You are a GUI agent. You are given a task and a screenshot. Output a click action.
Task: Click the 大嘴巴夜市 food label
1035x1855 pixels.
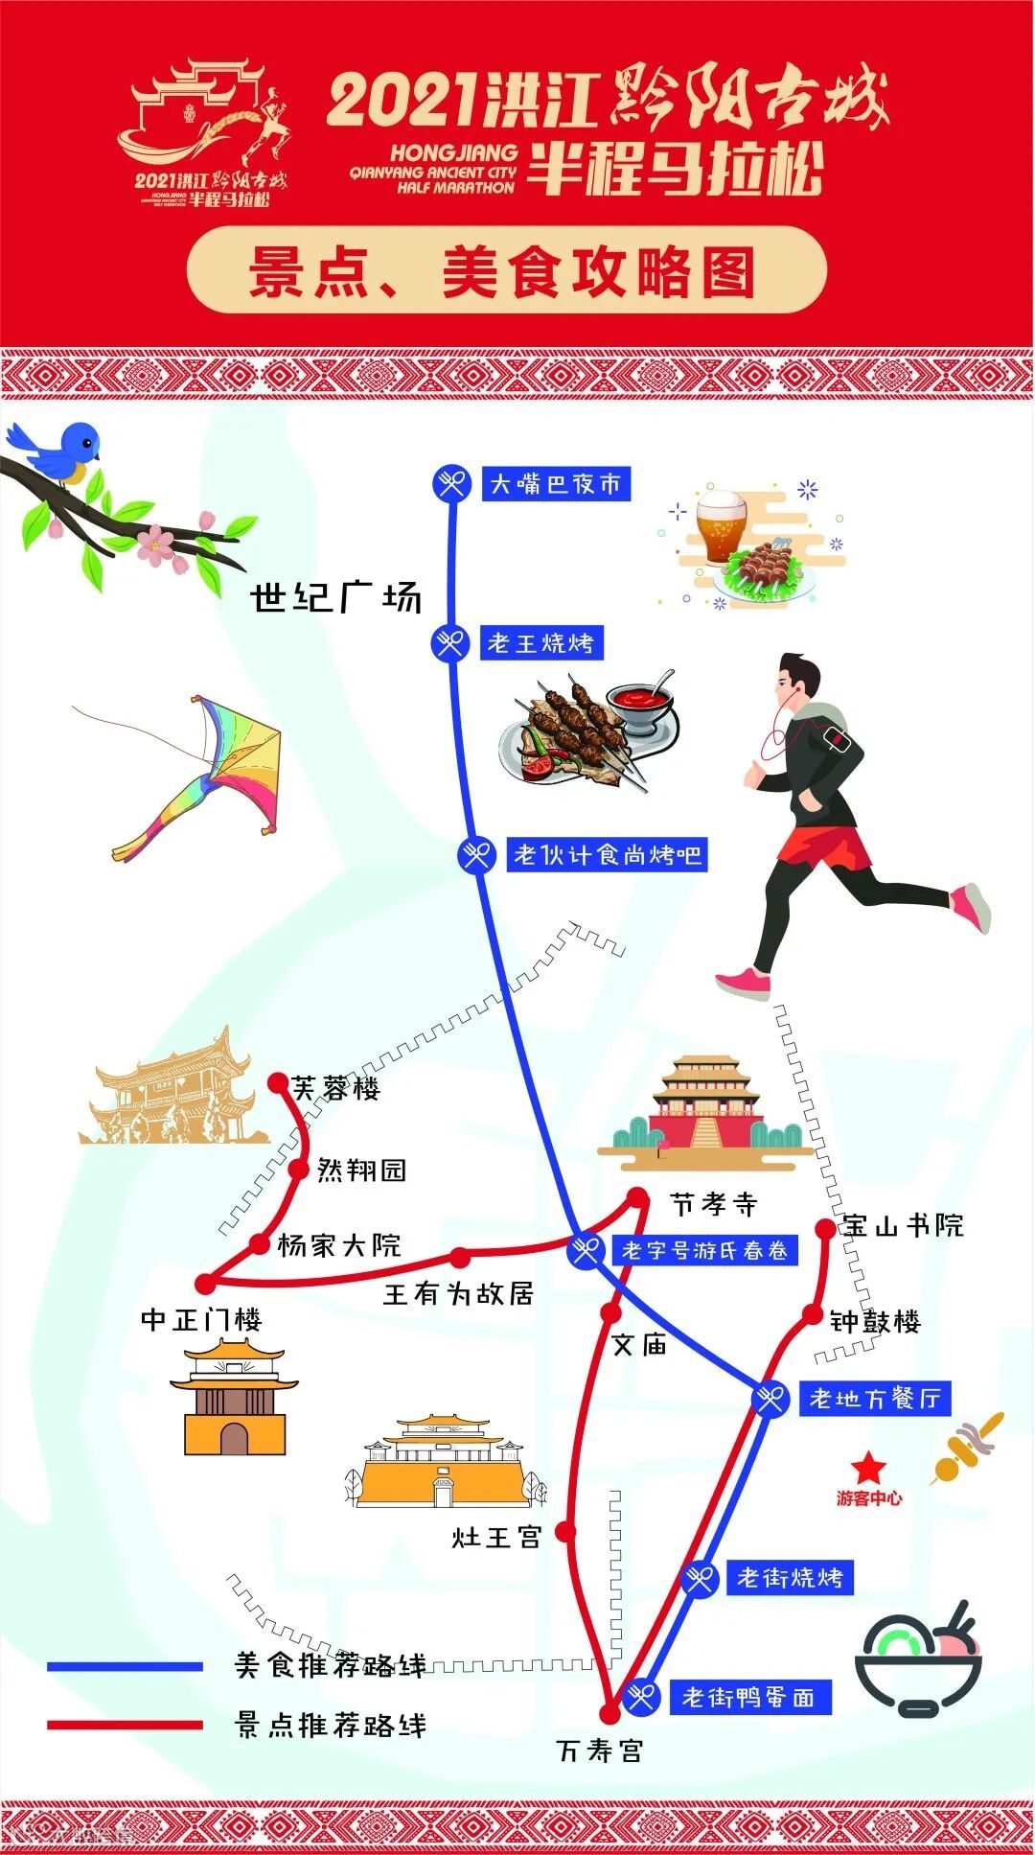tap(556, 484)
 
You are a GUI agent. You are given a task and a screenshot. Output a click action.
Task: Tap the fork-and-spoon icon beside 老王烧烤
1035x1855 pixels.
tap(449, 642)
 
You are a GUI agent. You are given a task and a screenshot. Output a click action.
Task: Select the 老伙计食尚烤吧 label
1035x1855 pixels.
tap(608, 854)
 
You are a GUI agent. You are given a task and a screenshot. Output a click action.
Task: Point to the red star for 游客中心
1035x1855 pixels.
tap(868, 1467)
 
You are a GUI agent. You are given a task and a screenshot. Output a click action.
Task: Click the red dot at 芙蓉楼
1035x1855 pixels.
tap(278, 1082)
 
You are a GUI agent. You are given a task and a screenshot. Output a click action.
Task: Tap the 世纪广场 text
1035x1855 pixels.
tap(335, 598)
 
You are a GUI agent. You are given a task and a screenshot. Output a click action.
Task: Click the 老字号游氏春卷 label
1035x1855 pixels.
tap(704, 1250)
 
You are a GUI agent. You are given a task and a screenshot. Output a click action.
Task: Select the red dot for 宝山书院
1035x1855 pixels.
tap(825, 1228)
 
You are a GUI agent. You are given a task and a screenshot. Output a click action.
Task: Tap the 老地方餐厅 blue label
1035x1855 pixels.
tap(874, 1399)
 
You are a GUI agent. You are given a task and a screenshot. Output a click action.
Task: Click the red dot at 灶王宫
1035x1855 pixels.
tap(566, 1531)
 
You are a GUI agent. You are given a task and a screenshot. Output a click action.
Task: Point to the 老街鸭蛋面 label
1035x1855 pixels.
tap(748, 1698)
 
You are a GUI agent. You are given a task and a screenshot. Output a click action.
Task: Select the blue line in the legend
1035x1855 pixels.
tap(125, 1667)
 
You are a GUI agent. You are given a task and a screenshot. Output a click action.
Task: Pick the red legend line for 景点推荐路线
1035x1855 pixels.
tap(125, 1726)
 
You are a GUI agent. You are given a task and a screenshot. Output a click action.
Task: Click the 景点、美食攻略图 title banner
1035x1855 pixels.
tap(506, 271)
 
